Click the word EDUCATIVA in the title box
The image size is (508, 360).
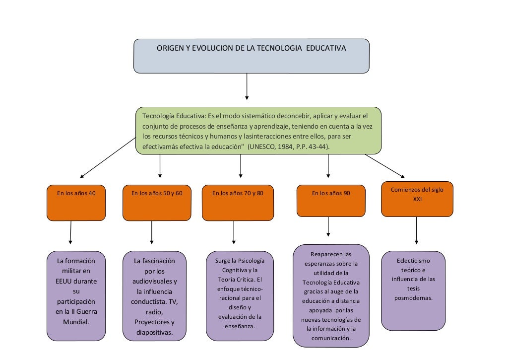pyautogui.click(x=326, y=49)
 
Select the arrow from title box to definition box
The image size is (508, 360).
pyautogui.click(x=247, y=86)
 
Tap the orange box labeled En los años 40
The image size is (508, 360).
pyautogui.click(x=76, y=202)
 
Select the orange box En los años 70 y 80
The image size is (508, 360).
pyautogui.click(x=238, y=202)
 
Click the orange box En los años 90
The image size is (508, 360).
pyautogui.click(x=331, y=201)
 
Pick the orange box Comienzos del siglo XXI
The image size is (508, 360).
pyautogui.click(x=417, y=199)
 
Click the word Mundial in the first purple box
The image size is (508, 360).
pyautogui.click(x=76, y=321)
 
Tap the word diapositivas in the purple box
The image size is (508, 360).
pyautogui.click(x=154, y=332)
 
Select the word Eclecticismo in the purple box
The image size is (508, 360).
pyautogui.click(x=413, y=261)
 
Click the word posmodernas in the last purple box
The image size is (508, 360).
pyautogui.click(x=413, y=298)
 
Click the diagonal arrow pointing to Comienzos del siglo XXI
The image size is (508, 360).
pyautogui.click(x=385, y=166)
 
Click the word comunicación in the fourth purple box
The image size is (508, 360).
pyautogui.click(x=331, y=338)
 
